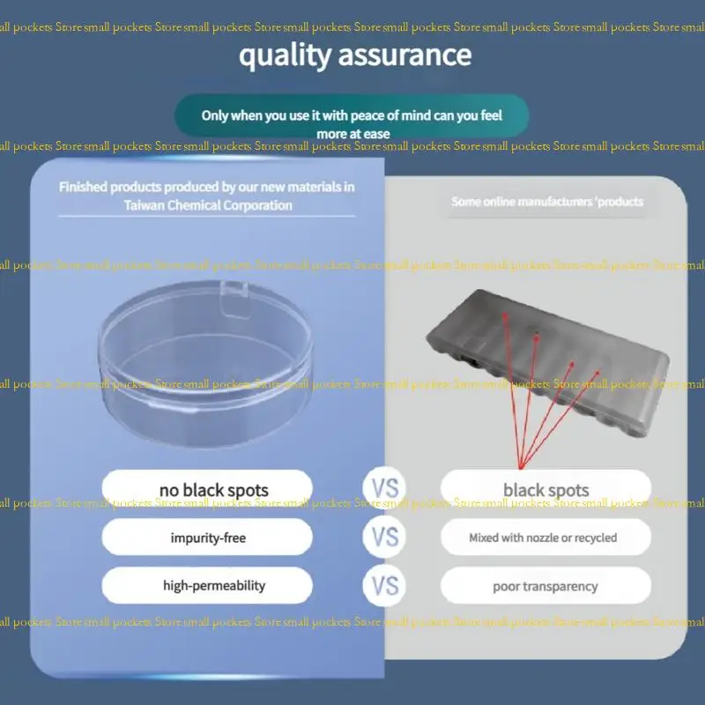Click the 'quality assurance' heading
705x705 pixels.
click(x=355, y=55)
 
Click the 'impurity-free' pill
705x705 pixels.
click(x=207, y=537)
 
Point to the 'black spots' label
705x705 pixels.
click(x=545, y=489)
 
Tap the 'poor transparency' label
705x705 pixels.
click(x=545, y=585)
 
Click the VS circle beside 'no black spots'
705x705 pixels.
click(x=384, y=488)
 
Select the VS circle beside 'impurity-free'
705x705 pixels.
click(x=384, y=537)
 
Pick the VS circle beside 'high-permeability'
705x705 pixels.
click(x=384, y=585)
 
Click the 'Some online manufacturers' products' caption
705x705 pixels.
click(x=547, y=202)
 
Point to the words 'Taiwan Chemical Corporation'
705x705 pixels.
click(x=207, y=205)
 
